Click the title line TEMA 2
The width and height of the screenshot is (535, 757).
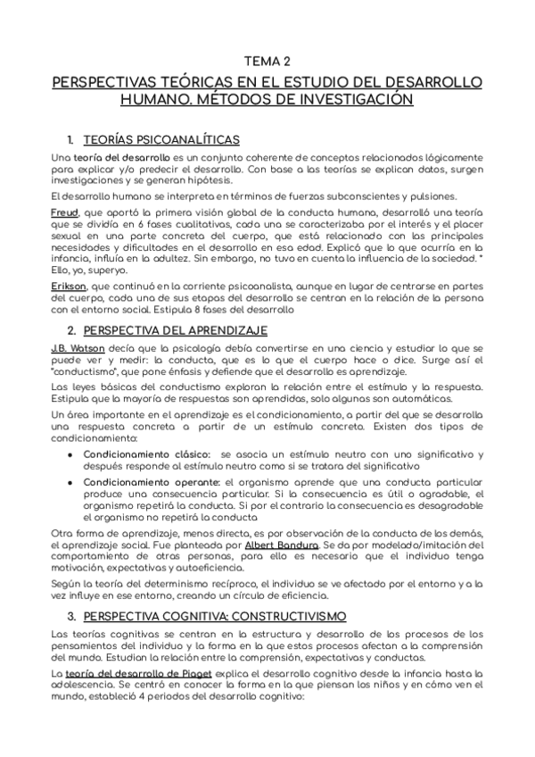[x=267, y=62]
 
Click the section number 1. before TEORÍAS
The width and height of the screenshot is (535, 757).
[x=70, y=140]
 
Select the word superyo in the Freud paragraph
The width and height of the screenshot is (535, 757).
[x=110, y=269]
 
